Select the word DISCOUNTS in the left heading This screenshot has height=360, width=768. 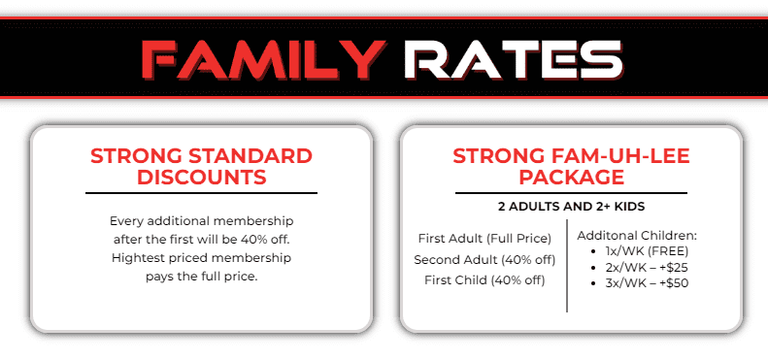pos(201,177)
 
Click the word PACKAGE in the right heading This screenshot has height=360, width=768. pos(571,177)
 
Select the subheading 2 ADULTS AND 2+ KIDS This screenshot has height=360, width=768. pos(571,206)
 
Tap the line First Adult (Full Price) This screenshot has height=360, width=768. pos(484,238)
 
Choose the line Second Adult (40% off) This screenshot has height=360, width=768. pos(484,259)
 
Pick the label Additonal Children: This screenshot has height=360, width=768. pos(637,235)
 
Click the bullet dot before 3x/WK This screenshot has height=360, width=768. pos(594,282)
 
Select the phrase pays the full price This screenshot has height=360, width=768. pos(201,278)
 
